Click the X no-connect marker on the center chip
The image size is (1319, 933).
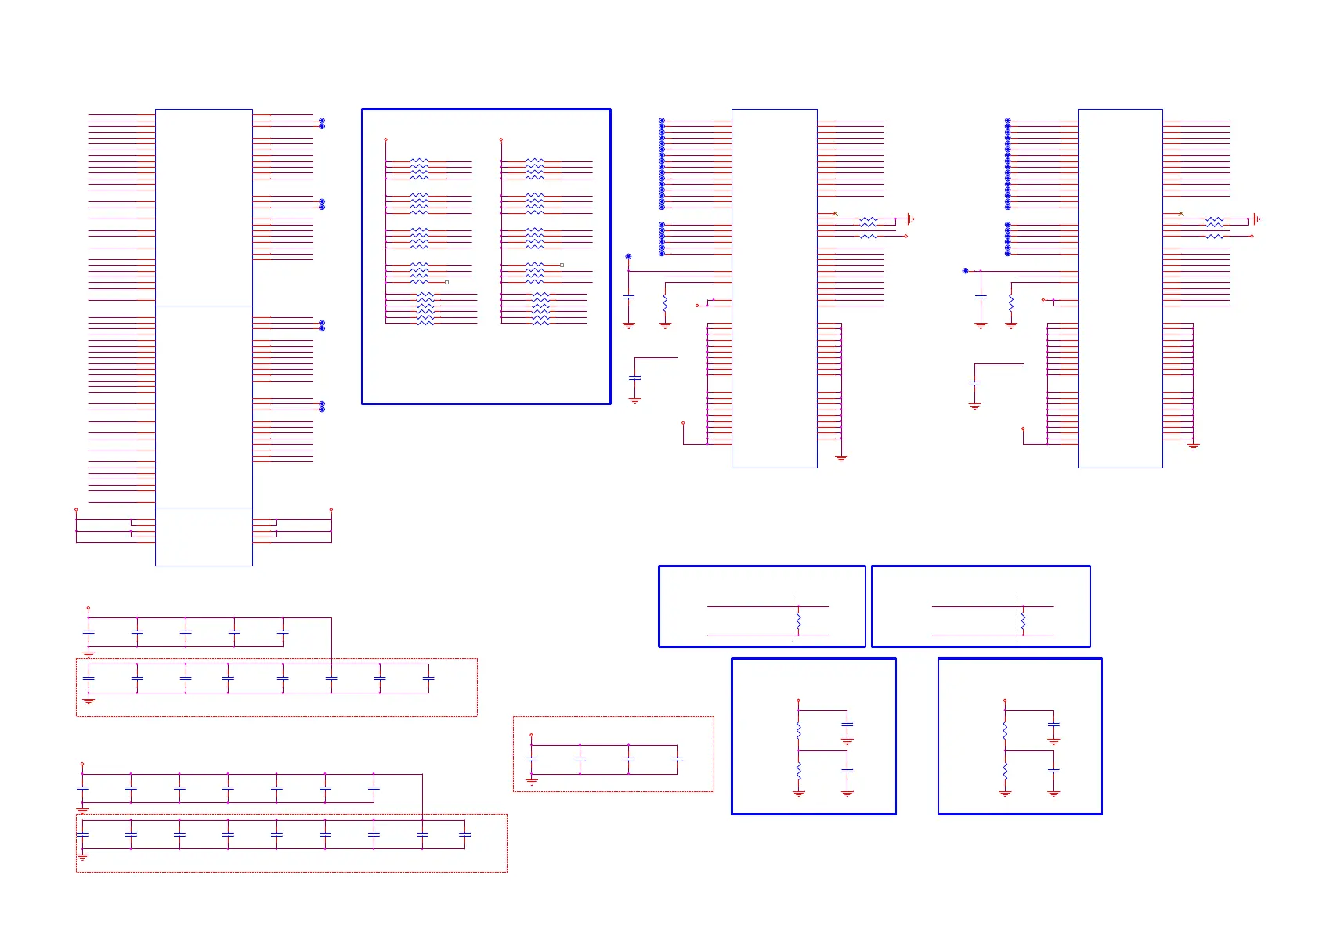point(835,214)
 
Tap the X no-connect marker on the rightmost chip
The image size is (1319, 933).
point(1181,214)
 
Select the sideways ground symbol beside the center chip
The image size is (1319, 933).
point(910,219)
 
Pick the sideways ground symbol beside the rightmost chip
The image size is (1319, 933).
point(1256,219)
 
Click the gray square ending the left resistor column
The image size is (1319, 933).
point(446,282)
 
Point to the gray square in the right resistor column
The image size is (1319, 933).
point(562,266)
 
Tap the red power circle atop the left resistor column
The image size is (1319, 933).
point(385,139)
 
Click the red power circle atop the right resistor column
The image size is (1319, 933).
point(500,139)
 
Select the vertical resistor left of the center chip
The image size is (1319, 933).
point(665,303)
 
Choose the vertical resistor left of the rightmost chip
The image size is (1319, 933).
point(1011,303)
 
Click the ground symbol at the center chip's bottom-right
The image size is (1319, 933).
point(841,458)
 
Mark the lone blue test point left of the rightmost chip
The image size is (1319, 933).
point(965,271)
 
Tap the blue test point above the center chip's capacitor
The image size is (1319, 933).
point(628,256)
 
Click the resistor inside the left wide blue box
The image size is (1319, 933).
point(798,621)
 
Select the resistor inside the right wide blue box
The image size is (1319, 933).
point(1023,621)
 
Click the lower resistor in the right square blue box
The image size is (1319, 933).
point(1005,771)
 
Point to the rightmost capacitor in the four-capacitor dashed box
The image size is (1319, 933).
point(678,759)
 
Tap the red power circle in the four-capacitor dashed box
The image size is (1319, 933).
point(531,735)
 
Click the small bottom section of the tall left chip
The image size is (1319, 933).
point(204,537)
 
